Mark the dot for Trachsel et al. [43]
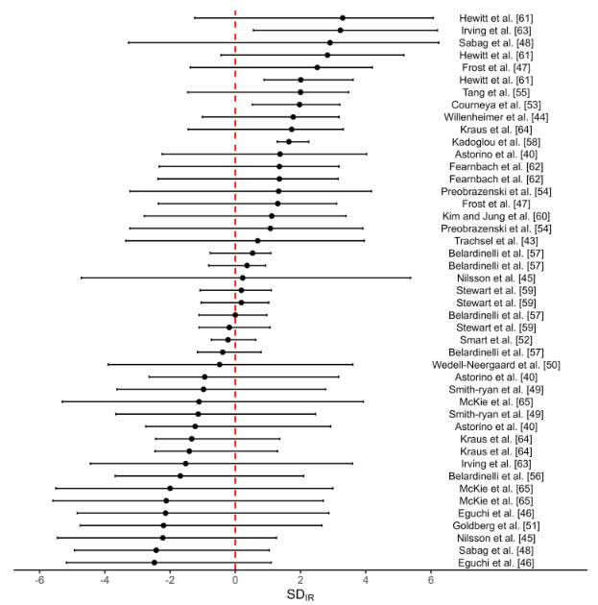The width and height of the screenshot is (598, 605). click(x=257, y=241)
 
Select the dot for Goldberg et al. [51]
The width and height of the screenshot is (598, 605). click(x=164, y=525)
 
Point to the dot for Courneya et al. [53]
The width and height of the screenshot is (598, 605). click(x=299, y=105)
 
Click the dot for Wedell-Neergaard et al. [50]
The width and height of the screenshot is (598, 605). click(x=220, y=365)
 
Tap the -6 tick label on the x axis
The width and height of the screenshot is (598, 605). click(x=40, y=581)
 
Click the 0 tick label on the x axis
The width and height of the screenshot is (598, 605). click(x=235, y=581)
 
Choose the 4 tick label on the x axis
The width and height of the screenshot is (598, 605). click(x=366, y=581)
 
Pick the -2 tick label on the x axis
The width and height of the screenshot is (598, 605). click(x=170, y=581)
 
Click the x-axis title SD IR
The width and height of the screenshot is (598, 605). click(x=300, y=595)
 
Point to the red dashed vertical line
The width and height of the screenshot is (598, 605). click(x=235, y=288)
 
